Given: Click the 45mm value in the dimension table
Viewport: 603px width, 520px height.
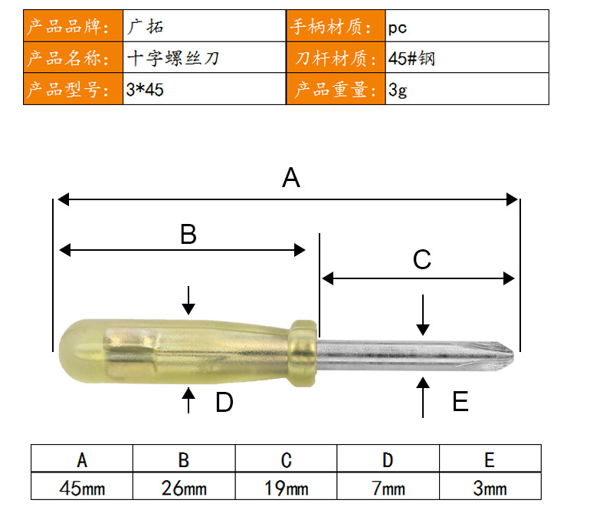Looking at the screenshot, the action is click(82, 488).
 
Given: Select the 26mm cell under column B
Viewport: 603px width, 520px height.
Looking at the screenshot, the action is click(184, 488).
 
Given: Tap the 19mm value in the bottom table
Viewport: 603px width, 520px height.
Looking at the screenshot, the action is click(286, 488).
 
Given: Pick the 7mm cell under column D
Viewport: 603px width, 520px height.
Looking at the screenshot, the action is click(388, 488).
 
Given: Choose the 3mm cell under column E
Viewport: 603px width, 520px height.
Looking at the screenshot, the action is click(490, 488).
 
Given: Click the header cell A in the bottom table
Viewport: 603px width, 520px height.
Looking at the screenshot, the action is click(82, 460).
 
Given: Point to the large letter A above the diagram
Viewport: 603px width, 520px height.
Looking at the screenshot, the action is click(290, 177).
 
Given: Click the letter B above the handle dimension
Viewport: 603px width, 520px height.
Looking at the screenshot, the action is click(188, 234).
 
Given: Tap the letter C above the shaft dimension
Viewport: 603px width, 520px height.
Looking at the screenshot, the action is click(422, 259).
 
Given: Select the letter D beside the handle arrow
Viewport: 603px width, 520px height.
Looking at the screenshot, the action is click(224, 403).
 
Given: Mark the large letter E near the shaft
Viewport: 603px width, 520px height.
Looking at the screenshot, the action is click(460, 401).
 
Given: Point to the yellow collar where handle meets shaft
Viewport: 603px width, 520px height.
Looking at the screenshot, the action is click(303, 353).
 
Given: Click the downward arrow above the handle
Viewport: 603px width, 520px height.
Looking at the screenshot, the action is click(188, 300).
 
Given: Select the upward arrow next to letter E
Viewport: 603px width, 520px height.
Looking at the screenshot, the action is click(423, 397).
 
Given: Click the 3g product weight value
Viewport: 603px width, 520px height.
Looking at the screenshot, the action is click(398, 90).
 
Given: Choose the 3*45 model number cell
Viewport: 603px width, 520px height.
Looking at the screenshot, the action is click(145, 90).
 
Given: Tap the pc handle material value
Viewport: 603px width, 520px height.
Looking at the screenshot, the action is click(397, 28).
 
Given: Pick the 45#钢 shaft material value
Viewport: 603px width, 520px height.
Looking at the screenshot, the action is click(411, 58).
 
